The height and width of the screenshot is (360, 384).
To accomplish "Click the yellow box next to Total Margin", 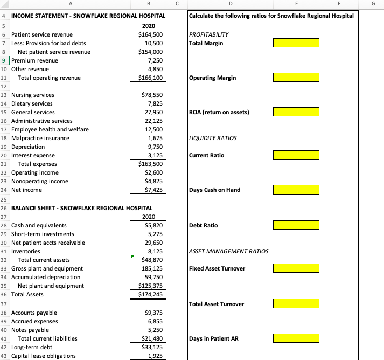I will click(296, 43).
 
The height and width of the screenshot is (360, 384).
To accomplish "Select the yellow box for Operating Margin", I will click(296, 78).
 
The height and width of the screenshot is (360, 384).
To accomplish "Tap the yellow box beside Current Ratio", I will click(296, 155).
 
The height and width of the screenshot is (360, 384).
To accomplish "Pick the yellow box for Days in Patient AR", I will click(296, 338).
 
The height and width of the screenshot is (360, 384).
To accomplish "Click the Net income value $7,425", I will click(152, 190).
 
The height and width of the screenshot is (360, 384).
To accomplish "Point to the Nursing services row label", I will click(33, 95).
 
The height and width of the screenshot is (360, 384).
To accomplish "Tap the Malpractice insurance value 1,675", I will click(155, 138).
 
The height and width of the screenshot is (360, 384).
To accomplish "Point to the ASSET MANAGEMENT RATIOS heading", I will click(228, 251).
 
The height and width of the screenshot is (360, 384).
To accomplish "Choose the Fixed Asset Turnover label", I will click(217, 268).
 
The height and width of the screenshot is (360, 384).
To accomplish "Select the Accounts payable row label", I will click(34, 313).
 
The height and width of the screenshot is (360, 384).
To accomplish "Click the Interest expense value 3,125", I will click(155, 155).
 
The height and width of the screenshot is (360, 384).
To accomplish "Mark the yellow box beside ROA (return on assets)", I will click(296, 112).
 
